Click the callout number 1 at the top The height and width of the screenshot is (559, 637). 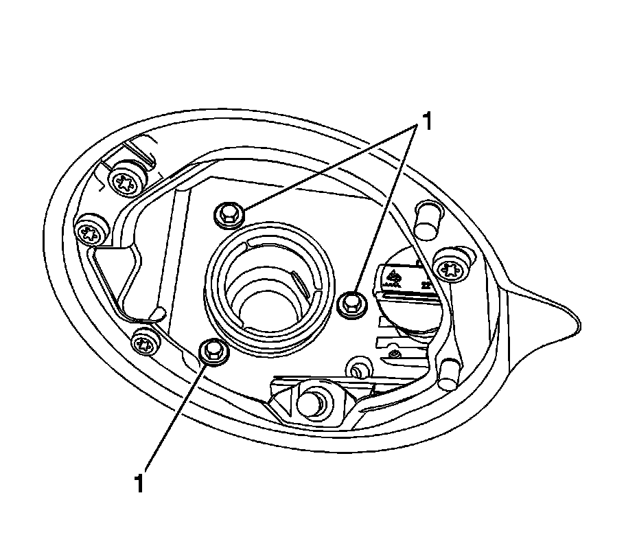tap(427, 122)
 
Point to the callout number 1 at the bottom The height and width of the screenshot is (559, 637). tap(140, 483)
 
